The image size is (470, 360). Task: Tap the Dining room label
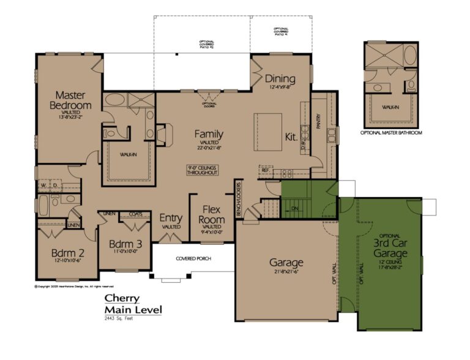pos(280,79)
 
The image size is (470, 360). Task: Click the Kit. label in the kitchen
pos(291,137)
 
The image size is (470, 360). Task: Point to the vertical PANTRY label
pos(319,122)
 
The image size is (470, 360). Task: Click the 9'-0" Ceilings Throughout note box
pos(203,170)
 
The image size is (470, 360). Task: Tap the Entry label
pos(171,218)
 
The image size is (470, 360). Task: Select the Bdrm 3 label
pos(125,244)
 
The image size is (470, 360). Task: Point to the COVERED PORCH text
pos(193,258)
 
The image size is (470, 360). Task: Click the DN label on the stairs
pos(294,208)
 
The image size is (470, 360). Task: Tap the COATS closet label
pos(135,214)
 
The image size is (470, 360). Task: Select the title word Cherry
pos(121,298)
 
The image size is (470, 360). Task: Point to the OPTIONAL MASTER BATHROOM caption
pos(391,132)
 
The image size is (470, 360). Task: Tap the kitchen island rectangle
pos(268,127)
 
